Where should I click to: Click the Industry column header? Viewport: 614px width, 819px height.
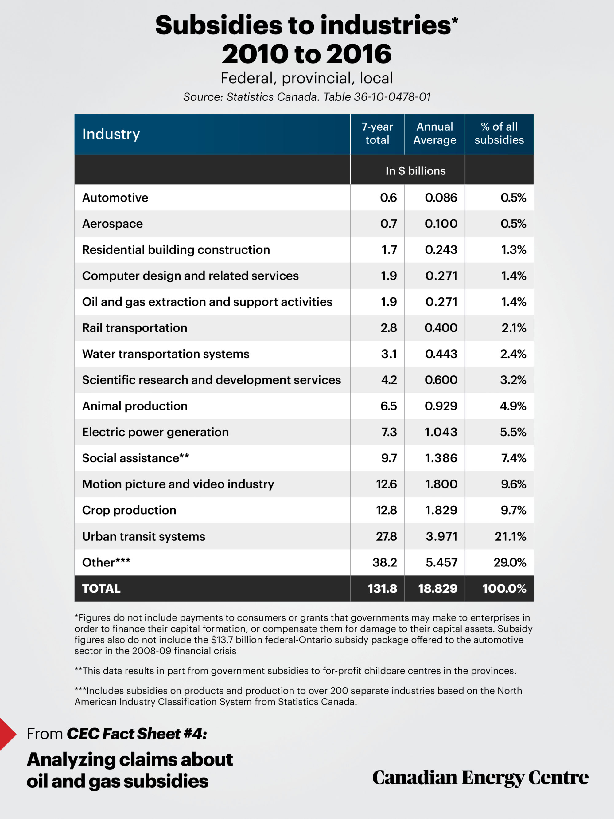(111, 134)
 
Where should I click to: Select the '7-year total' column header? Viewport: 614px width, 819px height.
(377, 133)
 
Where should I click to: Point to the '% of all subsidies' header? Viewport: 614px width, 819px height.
(499, 133)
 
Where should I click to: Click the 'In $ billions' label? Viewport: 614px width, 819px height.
(415, 171)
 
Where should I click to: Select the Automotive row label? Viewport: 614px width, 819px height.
(115, 198)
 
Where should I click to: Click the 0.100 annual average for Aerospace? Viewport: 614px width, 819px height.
(441, 224)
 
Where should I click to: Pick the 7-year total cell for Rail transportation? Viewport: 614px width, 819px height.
(389, 328)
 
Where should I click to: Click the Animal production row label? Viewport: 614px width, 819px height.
(135, 406)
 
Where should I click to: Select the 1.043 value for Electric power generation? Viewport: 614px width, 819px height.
(441, 432)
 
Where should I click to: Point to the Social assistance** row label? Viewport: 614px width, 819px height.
(135, 458)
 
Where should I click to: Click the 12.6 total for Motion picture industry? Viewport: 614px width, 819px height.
(387, 484)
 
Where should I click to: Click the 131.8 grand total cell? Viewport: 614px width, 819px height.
(382, 589)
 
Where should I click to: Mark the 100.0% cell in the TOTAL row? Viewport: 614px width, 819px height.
(504, 589)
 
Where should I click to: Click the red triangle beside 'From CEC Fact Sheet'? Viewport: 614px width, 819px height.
(7, 734)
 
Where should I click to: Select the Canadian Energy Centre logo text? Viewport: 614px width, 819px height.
(480, 778)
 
